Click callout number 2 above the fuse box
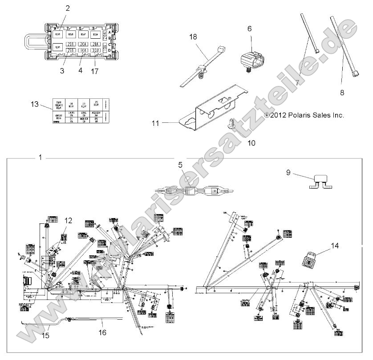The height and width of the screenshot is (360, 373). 68,8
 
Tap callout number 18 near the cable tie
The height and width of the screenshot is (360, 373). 193,36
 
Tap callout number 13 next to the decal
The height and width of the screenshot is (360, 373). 35,104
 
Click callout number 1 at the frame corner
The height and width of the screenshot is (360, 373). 41,157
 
